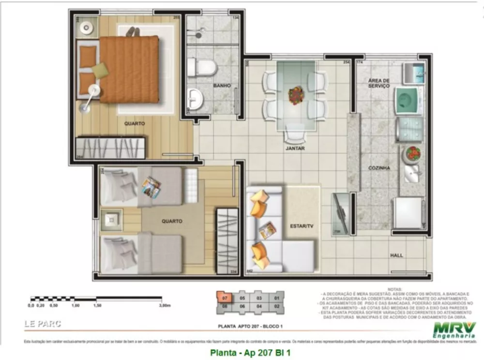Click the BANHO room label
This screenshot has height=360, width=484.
pyautogui.click(x=222, y=86)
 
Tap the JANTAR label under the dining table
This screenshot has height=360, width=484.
pyautogui.click(x=295, y=149)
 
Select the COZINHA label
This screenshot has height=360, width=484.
pyautogui.click(x=378, y=168)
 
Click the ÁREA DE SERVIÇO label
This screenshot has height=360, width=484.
pyautogui.click(x=378, y=83)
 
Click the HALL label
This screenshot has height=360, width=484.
pyautogui.click(x=396, y=255)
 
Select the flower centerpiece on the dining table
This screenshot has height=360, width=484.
pyautogui.click(x=296, y=94)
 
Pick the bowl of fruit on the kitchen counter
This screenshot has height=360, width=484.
pyautogui.click(x=413, y=154)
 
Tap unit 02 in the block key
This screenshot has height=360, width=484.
pyautogui.click(x=277, y=306)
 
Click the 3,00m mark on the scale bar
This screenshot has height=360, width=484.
pyautogui.click(x=165, y=306)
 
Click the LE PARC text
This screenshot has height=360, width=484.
pyautogui.click(x=43, y=324)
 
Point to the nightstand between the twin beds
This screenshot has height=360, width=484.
pyautogui.click(x=112, y=220)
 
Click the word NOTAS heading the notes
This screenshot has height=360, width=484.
pyautogui.click(x=394, y=288)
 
